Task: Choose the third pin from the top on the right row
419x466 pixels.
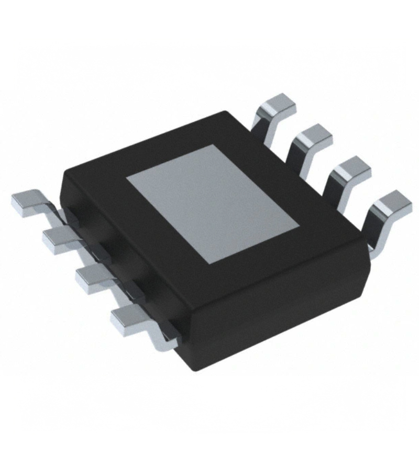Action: point(351,169)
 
